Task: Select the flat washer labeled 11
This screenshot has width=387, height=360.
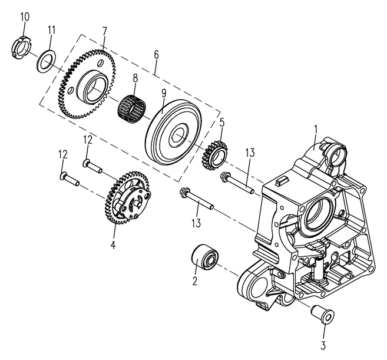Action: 47,61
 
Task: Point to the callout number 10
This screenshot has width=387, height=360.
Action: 24,16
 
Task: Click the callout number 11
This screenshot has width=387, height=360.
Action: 52,29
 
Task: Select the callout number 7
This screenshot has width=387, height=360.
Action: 104,30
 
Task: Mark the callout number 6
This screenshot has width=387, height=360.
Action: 156,54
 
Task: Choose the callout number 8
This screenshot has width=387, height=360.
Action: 135,77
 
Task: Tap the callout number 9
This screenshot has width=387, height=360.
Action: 163,93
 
